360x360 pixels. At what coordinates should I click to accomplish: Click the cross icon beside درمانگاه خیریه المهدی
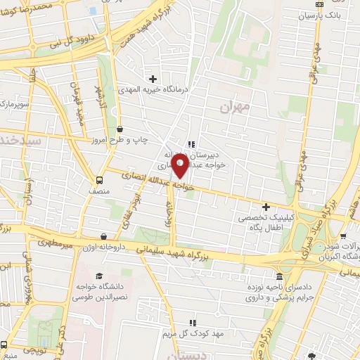click(x=153, y=78)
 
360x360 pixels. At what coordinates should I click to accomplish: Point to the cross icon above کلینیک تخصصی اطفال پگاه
click(x=266, y=207)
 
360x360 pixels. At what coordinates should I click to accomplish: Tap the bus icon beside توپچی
click(x=4, y=345)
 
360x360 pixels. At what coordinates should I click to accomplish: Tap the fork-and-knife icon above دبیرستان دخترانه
click(x=191, y=144)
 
